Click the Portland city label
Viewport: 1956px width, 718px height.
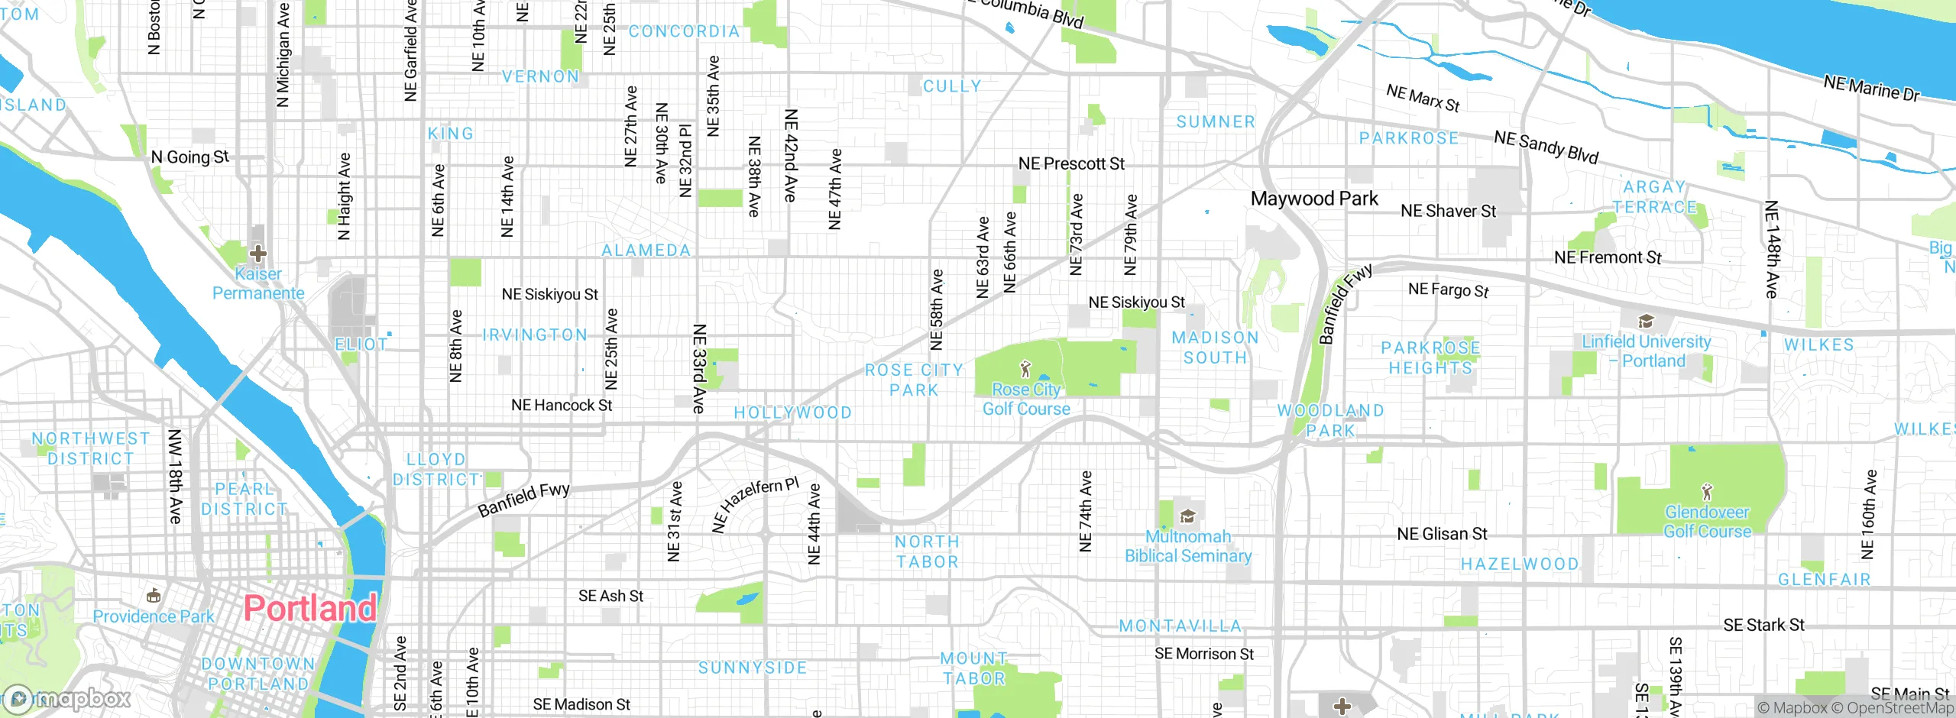(x=309, y=608)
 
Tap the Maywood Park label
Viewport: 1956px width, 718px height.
(x=1314, y=199)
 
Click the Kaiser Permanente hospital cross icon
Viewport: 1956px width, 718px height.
(x=258, y=253)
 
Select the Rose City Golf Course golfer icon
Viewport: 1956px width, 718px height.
(x=1025, y=370)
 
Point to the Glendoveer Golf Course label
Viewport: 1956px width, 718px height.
(x=1707, y=522)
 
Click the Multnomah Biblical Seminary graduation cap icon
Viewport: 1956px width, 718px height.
(x=1187, y=517)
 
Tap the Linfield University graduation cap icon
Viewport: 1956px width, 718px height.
(x=1646, y=321)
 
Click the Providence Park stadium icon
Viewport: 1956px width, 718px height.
(x=153, y=595)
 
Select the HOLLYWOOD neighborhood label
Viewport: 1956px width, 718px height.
(x=792, y=412)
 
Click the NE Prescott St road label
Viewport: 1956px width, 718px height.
(x=1071, y=163)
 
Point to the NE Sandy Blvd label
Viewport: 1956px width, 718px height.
(x=1546, y=147)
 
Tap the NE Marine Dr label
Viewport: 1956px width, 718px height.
(x=1871, y=89)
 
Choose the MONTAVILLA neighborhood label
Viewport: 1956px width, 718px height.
(x=1180, y=626)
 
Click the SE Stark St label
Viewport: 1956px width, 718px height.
(x=1763, y=625)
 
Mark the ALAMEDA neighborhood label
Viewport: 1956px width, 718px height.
(x=646, y=251)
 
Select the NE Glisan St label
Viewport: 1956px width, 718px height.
(x=1442, y=534)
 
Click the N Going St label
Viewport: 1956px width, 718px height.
(x=189, y=157)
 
